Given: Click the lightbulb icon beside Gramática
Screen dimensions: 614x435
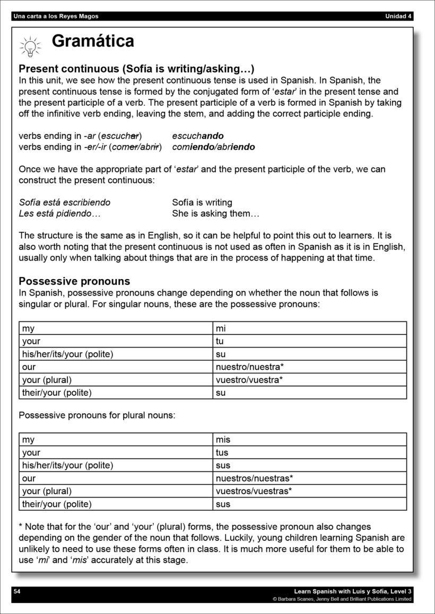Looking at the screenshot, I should coord(30,46).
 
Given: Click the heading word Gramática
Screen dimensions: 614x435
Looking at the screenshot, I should coord(93,41).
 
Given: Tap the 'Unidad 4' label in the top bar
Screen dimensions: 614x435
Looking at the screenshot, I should coord(398,16).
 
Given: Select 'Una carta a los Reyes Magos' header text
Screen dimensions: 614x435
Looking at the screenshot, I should coord(56,16).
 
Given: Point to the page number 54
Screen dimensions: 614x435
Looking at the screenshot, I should coord(16,591).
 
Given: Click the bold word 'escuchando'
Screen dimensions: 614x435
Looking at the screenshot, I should coord(198,136).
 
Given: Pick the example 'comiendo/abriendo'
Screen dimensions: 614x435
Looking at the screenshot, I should coord(213,147).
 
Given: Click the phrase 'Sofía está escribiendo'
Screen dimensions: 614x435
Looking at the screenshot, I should coord(65,202).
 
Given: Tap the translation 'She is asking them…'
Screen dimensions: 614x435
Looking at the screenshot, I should coord(215,213).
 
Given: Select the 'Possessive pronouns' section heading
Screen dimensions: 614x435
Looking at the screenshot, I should coord(74,281).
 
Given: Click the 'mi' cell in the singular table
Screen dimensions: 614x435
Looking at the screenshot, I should coord(221,328).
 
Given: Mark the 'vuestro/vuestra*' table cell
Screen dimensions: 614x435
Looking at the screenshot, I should coord(249,380).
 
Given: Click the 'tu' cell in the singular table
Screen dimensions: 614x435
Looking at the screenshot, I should coord(220,341).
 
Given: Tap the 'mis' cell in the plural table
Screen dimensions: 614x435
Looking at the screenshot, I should coord(223,440).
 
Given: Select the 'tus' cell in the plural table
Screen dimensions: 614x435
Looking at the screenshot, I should coord(222,452).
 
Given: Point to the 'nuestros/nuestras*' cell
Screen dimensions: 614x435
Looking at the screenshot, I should coord(254,478).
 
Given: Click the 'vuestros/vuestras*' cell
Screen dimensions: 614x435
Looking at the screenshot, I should coord(254,491).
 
